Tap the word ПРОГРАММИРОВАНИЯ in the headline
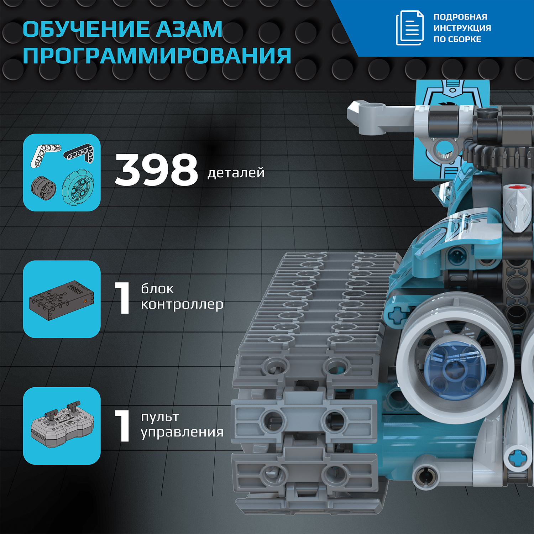click(x=157, y=56)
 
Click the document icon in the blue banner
click(x=410, y=28)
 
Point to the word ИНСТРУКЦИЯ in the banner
click(x=462, y=28)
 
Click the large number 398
click(x=156, y=170)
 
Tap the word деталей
click(x=236, y=173)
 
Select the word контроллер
click(x=182, y=305)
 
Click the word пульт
click(x=160, y=416)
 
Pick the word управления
click(x=182, y=432)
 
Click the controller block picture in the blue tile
click(x=62, y=299)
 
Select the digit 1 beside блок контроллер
click(x=123, y=298)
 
